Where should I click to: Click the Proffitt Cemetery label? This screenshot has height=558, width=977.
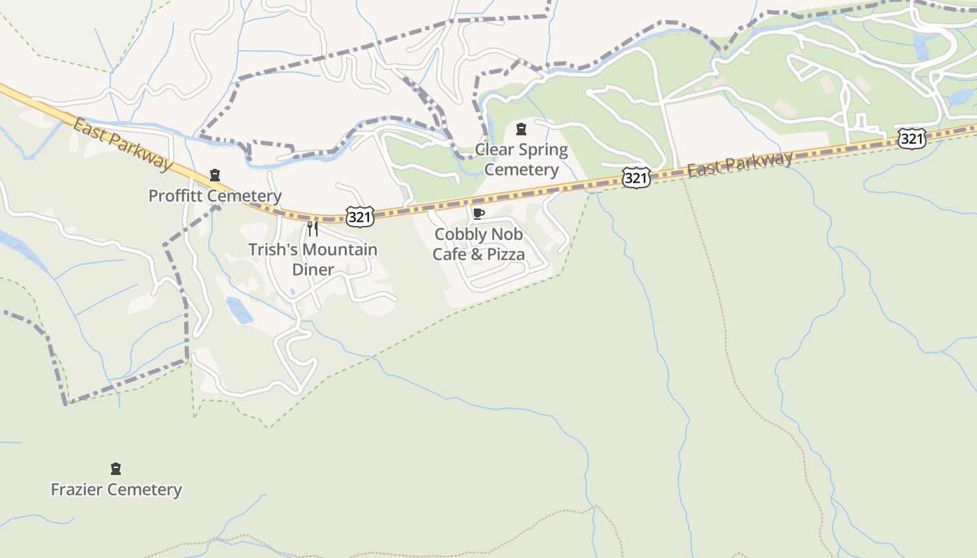pos(215,196)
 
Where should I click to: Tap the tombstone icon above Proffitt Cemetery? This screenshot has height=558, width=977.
pos(215,175)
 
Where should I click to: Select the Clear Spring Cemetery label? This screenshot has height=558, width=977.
pos(521,160)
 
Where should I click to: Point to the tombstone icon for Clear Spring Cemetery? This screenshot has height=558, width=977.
pos(521,129)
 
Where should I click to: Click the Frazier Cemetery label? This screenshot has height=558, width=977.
pos(117,490)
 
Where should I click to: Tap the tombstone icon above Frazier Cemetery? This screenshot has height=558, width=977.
pos(116,469)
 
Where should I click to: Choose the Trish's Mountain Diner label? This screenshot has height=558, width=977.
pos(313,259)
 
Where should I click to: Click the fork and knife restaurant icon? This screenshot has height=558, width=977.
pos(313,229)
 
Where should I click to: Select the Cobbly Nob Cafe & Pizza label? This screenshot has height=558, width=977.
pos(479,244)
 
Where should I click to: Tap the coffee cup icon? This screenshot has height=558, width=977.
pos(478,213)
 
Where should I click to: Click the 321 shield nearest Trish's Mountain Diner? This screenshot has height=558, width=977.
pos(359,217)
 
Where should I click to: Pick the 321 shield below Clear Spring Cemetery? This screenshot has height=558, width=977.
pos(636,178)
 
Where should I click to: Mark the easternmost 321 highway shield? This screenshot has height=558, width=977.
pos(911,139)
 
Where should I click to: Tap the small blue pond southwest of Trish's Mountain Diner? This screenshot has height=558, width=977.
pos(239,310)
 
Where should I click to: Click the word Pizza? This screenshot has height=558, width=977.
pos(506,255)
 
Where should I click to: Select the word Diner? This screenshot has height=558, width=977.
pos(313,270)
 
